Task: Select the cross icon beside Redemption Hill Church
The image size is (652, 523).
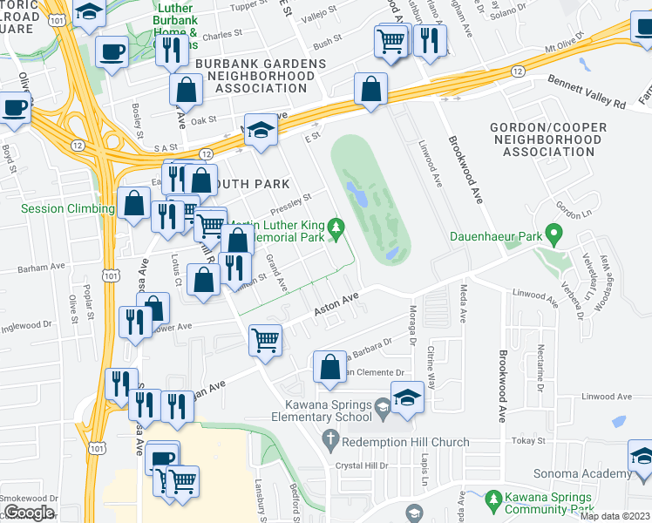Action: (329, 442)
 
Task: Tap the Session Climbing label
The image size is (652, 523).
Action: (68, 209)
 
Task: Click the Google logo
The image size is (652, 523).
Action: (29, 513)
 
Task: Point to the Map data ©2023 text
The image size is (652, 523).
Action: (615, 516)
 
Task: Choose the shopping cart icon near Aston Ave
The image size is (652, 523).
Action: (265, 339)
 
